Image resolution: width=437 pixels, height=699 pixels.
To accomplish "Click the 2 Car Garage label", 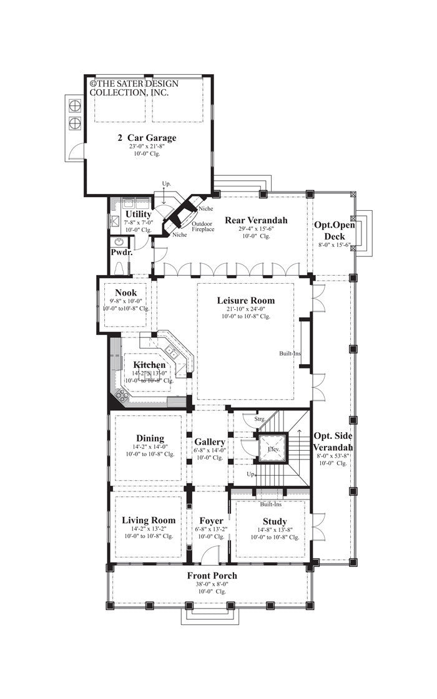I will pos(147,138).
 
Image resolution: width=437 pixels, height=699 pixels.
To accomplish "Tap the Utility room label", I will pos(138,214).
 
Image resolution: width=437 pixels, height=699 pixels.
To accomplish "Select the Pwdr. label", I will pos(120,253).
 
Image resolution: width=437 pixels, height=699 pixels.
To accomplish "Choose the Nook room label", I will pos(125,292).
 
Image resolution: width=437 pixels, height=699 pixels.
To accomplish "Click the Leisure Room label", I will pos(245,300).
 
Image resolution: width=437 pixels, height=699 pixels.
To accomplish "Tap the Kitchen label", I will pos(149,365).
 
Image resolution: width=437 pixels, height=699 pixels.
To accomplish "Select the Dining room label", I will pos(149,438).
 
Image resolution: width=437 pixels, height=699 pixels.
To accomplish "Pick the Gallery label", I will pos(209,442).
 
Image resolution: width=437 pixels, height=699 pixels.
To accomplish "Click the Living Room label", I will pos(149,520).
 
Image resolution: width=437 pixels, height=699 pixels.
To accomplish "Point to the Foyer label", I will pos(211,521).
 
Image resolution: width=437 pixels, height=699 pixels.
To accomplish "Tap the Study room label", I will pos(274,521).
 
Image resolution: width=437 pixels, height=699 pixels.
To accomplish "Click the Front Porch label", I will pos(212,576).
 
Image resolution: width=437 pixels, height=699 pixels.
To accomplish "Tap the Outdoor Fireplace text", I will pos(202,226).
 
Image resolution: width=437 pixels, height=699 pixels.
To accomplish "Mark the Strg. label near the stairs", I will pos(260,420).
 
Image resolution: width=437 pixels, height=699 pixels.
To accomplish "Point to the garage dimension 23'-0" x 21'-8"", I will pos(147,147).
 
